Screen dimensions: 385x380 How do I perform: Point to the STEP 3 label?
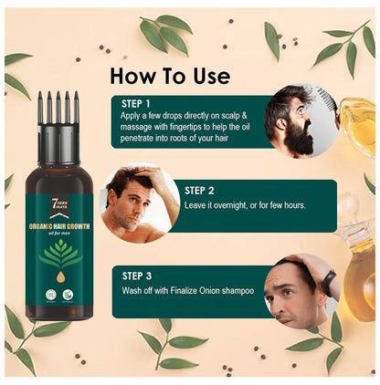point(140,274)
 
